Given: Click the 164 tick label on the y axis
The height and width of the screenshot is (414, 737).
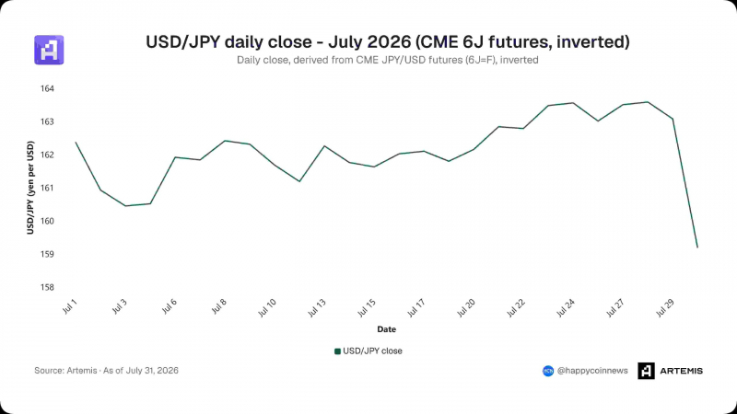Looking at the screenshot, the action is pyautogui.click(x=47, y=88).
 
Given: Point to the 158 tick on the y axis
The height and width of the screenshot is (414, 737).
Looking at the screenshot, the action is pyautogui.click(x=47, y=287).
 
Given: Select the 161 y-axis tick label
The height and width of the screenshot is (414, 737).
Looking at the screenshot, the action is pyautogui.click(x=47, y=188).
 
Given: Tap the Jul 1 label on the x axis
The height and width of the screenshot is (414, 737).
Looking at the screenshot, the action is pyautogui.click(x=70, y=306).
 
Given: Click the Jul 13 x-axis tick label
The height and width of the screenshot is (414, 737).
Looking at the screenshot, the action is pyautogui.click(x=316, y=308).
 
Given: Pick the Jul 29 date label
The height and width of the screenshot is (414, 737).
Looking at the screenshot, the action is pyautogui.click(x=665, y=308).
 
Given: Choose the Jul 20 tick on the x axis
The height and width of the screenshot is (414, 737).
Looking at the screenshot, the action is pyautogui.click(x=466, y=308).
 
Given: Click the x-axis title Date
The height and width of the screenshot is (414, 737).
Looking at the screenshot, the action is pyautogui.click(x=386, y=329).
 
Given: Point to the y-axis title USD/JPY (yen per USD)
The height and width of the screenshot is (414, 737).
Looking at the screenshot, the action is pyautogui.click(x=30, y=188).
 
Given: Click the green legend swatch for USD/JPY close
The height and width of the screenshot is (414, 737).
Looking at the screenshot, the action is pyautogui.click(x=337, y=351).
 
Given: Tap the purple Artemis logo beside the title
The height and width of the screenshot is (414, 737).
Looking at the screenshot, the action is pyautogui.click(x=49, y=50).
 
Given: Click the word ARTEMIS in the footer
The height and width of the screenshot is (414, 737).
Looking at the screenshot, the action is pyautogui.click(x=681, y=371).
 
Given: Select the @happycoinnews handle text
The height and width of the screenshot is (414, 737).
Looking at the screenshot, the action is pyautogui.click(x=592, y=371).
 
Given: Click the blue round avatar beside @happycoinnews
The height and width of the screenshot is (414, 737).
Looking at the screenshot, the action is pyautogui.click(x=548, y=371).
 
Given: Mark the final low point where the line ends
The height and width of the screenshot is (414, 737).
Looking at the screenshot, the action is pyautogui.click(x=697, y=247).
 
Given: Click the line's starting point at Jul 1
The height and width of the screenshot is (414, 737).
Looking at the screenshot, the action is pyautogui.click(x=76, y=143).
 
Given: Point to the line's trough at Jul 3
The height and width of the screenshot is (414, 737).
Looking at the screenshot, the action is pyautogui.click(x=125, y=205).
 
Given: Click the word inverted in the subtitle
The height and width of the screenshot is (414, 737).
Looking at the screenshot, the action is pyautogui.click(x=520, y=60).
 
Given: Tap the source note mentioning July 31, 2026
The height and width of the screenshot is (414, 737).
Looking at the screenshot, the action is pyautogui.click(x=106, y=371).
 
